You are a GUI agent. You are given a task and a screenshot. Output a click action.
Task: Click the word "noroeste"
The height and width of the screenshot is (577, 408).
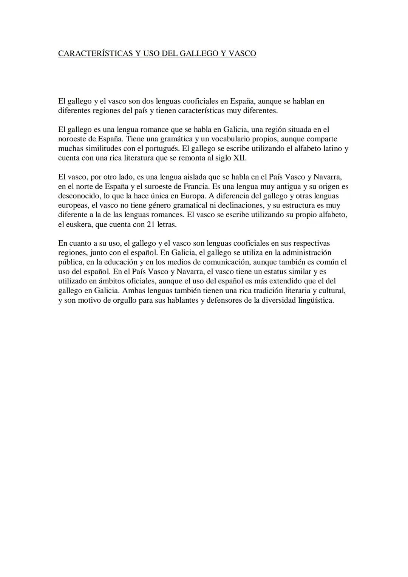pos(74,139)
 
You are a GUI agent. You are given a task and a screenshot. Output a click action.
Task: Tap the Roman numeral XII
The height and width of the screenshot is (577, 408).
pos(239,158)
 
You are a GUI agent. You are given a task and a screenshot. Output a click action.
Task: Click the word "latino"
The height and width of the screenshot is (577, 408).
pos(332,149)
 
